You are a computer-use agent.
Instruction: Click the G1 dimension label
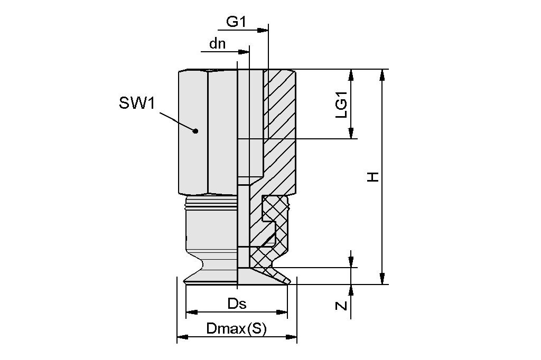pos(236,22)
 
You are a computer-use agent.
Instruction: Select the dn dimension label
pos(217,44)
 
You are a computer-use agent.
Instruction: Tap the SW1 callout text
pos(137,103)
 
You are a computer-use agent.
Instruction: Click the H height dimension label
pos(374,177)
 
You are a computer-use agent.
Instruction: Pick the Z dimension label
pos(342,305)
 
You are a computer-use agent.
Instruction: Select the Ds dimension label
pos(237,304)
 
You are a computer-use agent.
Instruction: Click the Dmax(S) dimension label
pos(236,329)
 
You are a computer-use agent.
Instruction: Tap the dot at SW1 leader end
pos(195,131)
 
